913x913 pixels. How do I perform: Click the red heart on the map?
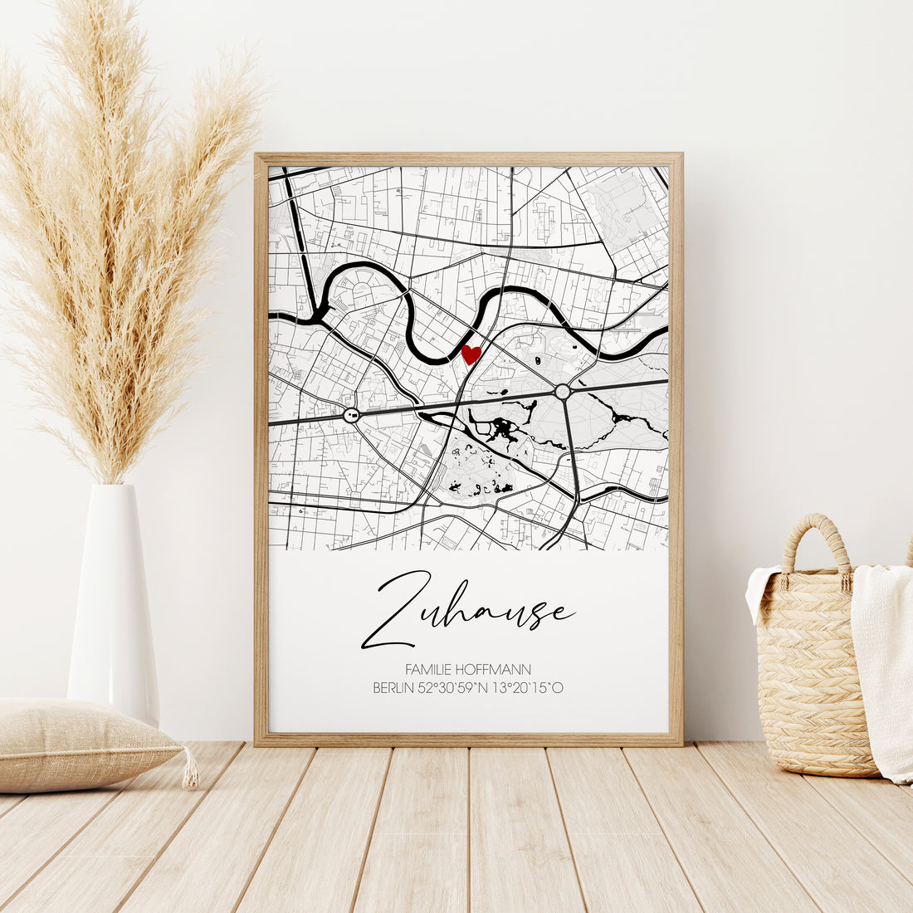(471, 354)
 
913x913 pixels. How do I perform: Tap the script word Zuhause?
(467, 610)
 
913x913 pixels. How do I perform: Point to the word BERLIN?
(392, 687)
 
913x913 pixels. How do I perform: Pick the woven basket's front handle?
(817, 548)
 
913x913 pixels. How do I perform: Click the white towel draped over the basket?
(884, 664)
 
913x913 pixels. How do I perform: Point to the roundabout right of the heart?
(563, 391)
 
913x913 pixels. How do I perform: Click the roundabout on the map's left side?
(351, 414)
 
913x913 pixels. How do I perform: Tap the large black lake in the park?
(501, 428)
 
